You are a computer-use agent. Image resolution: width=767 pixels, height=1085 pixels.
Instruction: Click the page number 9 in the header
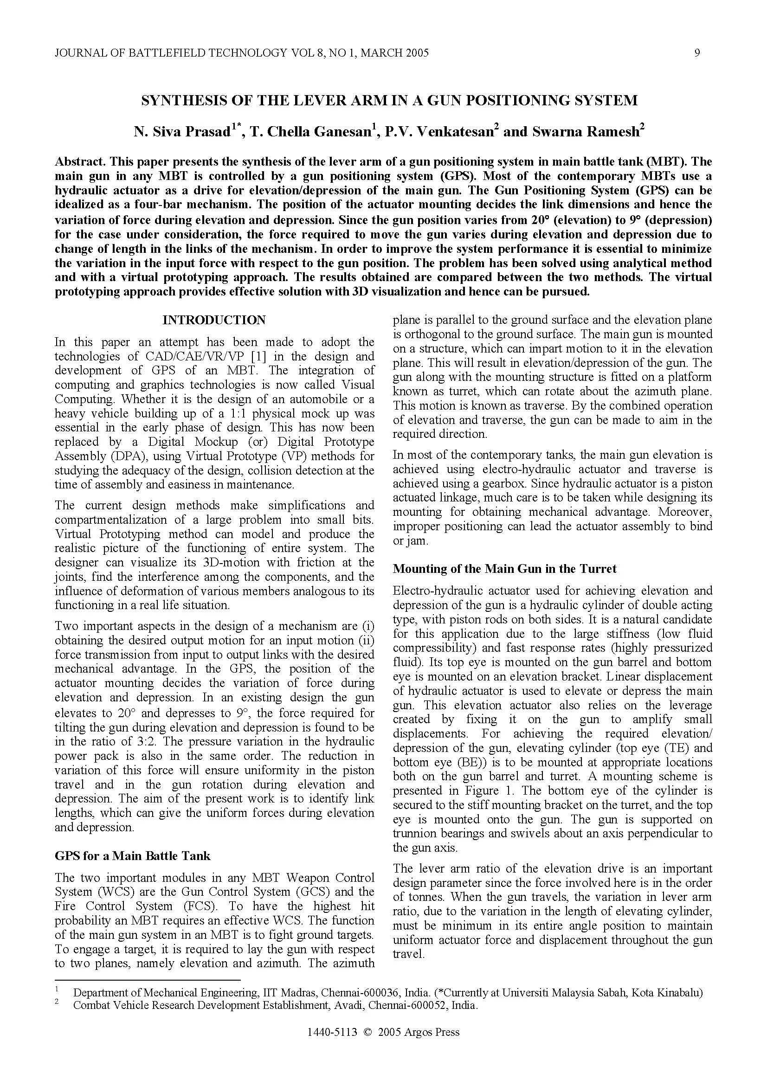tap(697, 53)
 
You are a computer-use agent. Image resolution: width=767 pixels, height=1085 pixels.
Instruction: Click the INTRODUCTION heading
tap(214, 320)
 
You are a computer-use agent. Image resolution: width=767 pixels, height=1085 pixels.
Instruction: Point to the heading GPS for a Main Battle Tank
tap(132, 856)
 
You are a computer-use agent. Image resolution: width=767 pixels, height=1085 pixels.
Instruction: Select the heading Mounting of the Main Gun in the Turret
tap(504, 569)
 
